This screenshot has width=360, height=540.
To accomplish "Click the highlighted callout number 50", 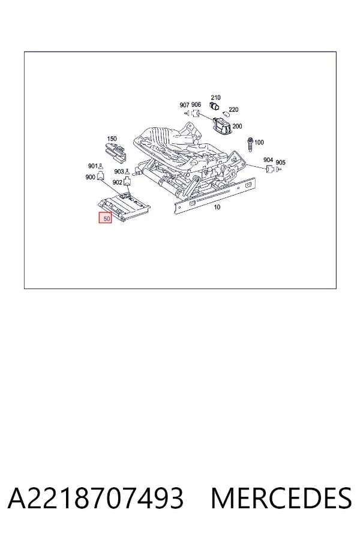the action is coord(106,218).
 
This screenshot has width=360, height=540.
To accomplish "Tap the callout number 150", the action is coord(112,139).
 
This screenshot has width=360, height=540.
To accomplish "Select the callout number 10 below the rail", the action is coord(217,207).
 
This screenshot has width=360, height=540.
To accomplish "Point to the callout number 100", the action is coord(259,142).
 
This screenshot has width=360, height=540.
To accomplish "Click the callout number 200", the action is coord(237,127).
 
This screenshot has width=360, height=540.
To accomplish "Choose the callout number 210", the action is coord(215,98).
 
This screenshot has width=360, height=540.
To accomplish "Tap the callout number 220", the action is coord(233,110).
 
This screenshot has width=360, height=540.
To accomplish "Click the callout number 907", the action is coord(185,104).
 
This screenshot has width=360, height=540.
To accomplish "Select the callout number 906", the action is coord(196,104).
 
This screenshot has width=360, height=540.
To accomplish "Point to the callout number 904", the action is coord(268,160).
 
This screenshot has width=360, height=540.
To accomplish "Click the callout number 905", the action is coord(280,163).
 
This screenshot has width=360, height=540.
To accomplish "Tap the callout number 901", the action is coord(93,166).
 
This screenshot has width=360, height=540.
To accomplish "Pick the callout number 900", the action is coord(90,177).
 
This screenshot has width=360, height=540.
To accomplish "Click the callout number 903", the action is coord(119,172).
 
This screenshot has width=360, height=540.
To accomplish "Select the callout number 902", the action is coord(118,182).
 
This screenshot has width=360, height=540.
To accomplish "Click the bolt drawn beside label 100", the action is coord(250,143).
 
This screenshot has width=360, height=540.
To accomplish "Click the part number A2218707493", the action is coord(95,498).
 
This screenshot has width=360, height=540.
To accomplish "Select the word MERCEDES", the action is coord(281,498).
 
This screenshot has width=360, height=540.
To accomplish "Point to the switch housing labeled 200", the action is coord(223,124).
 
